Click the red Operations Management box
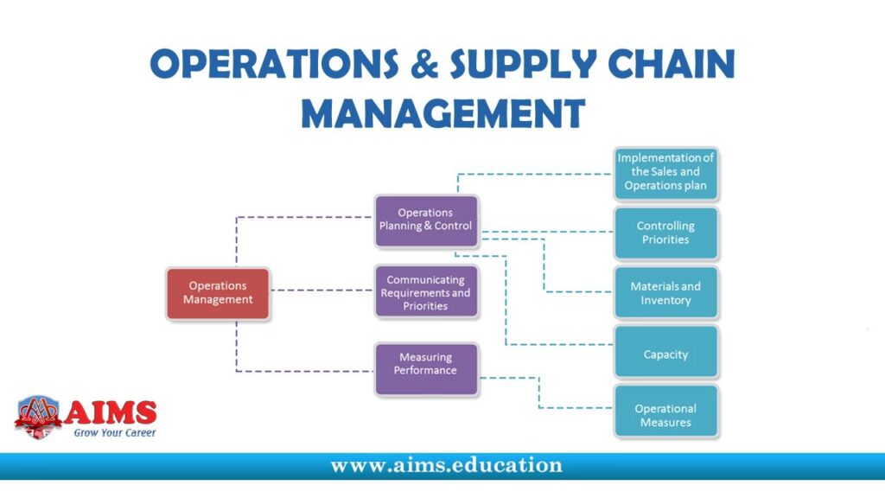(218, 294)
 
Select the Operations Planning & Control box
(425, 220)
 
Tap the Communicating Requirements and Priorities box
(425, 292)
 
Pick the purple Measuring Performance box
(425, 369)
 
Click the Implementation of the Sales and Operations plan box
(665, 173)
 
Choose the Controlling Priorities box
(665, 233)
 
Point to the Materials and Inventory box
(665, 293)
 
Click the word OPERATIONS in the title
(274, 63)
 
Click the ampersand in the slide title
(425, 63)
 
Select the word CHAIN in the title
(672, 63)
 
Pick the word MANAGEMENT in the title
(443, 113)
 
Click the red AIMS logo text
(110, 412)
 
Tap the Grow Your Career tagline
(115, 433)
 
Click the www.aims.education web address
(447, 465)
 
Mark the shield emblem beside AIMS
(38, 417)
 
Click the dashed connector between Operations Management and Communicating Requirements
(322, 290)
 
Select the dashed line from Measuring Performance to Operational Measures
(539, 393)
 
